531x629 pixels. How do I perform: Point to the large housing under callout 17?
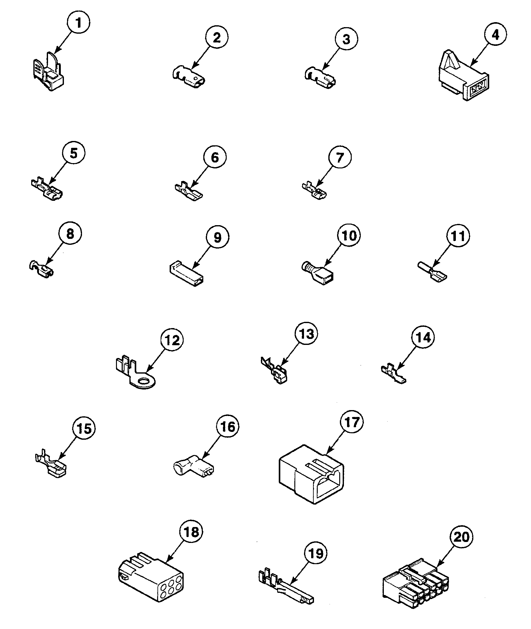click(x=311, y=476)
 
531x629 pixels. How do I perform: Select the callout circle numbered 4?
click(x=495, y=35)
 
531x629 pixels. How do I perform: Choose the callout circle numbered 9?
click(x=217, y=238)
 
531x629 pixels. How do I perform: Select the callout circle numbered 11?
click(x=458, y=237)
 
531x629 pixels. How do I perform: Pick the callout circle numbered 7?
click(x=340, y=158)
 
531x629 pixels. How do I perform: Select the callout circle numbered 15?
click(x=84, y=429)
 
